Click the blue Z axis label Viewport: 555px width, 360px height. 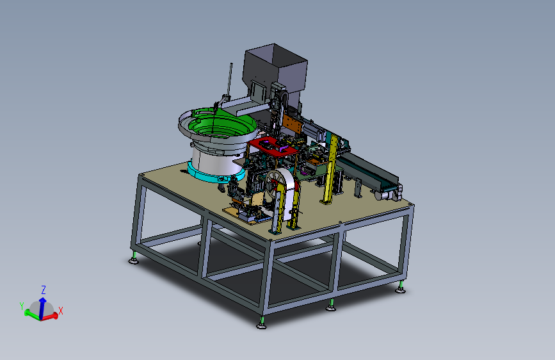(44, 290)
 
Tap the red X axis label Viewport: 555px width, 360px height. (61, 311)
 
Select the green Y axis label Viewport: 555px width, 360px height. (22, 306)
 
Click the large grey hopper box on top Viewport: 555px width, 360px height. (275, 71)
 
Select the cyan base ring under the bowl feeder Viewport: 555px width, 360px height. (215, 172)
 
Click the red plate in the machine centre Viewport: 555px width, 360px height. (273, 146)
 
